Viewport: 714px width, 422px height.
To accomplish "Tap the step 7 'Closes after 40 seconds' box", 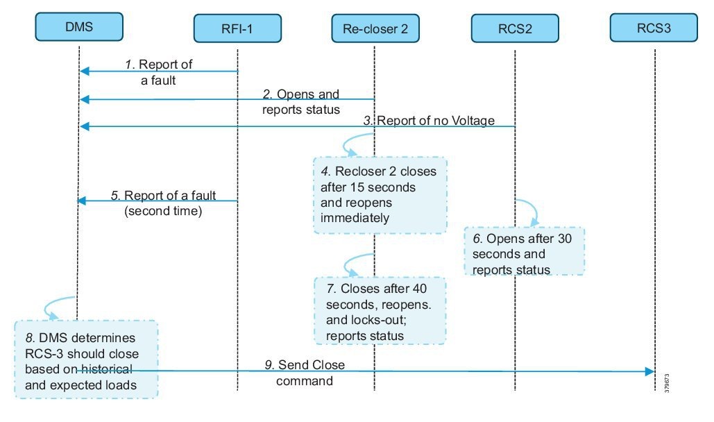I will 379,311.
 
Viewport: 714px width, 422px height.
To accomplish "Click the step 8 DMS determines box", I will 87,358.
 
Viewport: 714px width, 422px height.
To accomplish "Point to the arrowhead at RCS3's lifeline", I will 651,371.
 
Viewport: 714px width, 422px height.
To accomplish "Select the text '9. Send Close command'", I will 305,373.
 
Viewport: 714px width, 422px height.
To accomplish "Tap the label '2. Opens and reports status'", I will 301,101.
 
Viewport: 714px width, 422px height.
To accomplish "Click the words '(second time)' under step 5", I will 163,212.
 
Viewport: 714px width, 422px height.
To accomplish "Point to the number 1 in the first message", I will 128,65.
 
